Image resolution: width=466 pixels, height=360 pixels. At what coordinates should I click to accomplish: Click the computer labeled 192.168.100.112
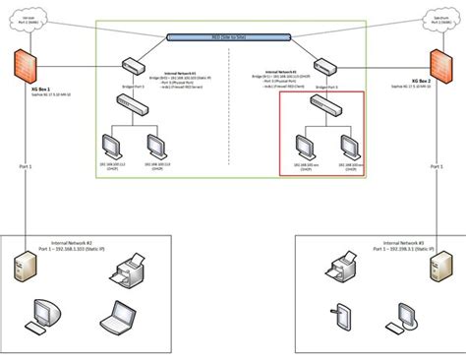pyautogui.click(x=115, y=145)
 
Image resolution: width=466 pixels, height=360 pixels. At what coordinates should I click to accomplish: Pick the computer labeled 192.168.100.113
pyautogui.click(x=153, y=145)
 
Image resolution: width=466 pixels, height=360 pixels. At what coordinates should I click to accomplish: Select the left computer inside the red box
pyautogui.click(x=303, y=145)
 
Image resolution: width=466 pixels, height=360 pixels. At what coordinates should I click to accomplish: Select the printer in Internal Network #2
pyautogui.click(x=129, y=268)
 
